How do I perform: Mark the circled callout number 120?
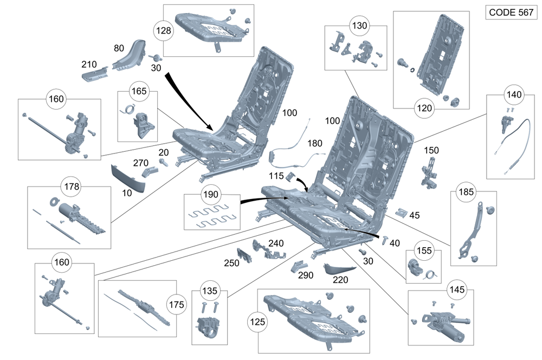[x=425, y=108]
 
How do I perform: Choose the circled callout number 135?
[x=210, y=291]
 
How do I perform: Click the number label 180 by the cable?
[x=314, y=144]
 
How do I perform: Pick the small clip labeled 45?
[x=401, y=213]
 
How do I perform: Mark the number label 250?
[x=233, y=263]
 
